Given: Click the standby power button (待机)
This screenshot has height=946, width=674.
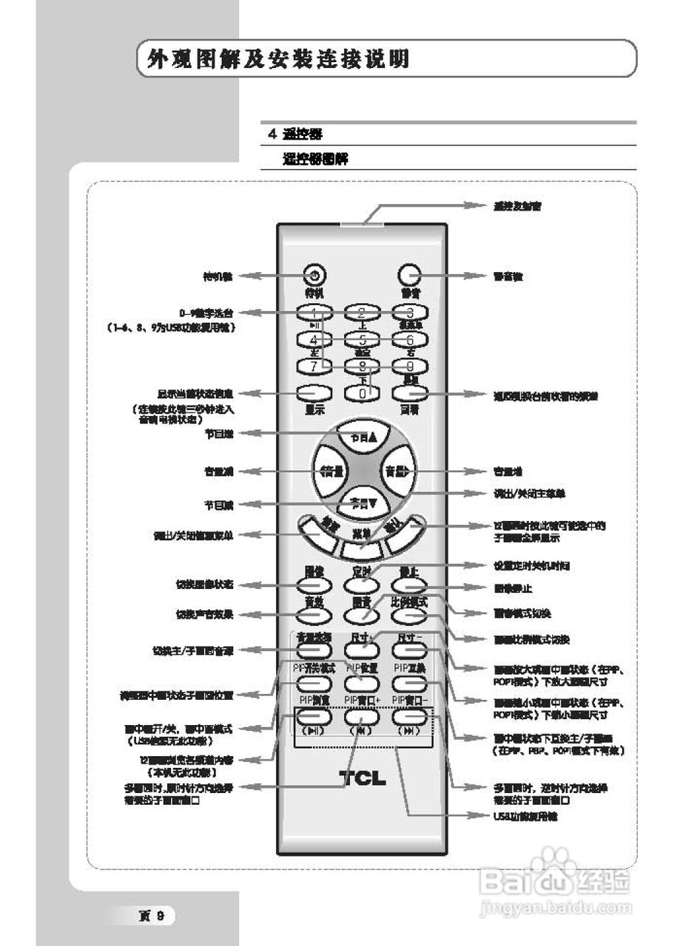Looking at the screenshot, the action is point(315,276).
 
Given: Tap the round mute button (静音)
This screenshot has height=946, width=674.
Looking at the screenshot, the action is point(407,275).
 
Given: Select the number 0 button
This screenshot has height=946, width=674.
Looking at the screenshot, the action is point(362,394).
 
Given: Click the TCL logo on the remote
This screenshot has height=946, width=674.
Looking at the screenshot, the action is point(363,778).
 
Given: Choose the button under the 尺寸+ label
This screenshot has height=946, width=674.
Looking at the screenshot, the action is point(361,650).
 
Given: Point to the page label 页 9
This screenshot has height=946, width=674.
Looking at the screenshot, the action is point(155,916).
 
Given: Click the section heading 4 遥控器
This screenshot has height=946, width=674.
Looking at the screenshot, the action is point(294,135).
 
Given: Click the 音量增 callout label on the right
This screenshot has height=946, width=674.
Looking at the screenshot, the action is point(508,471).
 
